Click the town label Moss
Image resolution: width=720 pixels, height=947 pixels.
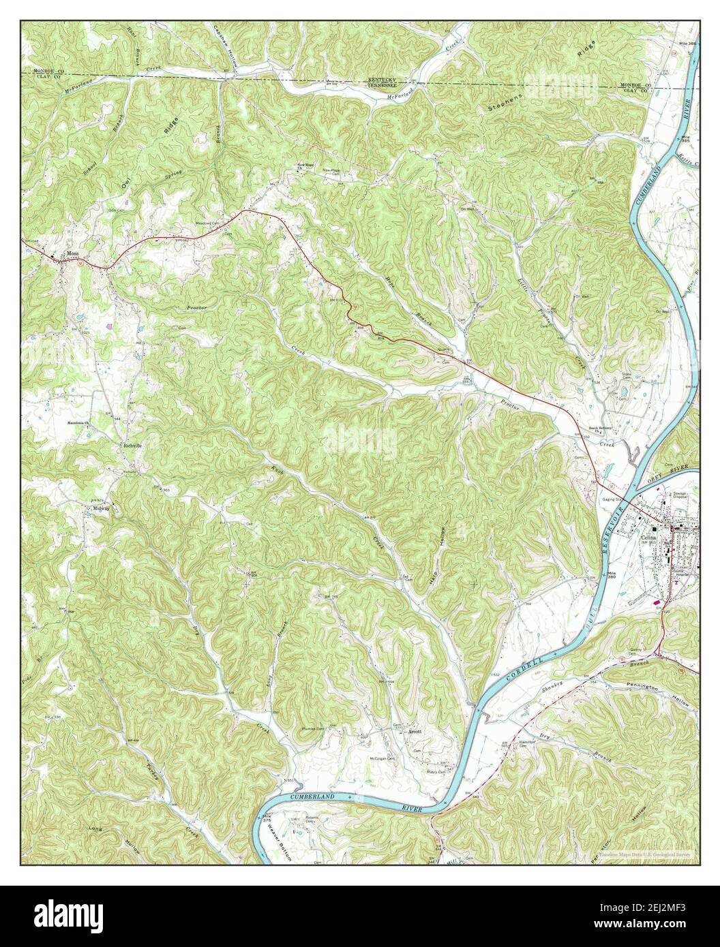click(x=74, y=255)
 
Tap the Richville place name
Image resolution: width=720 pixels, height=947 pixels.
click(x=132, y=446)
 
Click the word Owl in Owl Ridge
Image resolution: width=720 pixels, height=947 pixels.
click(x=125, y=183)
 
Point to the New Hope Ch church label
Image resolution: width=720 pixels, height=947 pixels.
click(x=303, y=166)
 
